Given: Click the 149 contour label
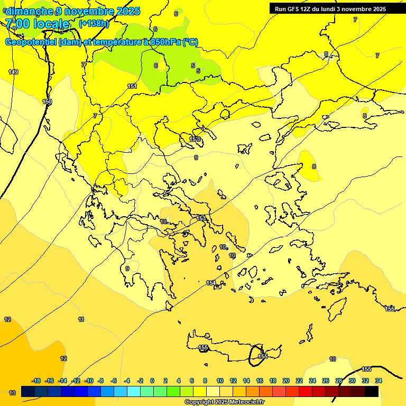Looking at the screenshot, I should pyautogui.click(x=13, y=72).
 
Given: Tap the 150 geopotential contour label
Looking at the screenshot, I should pyautogui.click(x=47, y=101).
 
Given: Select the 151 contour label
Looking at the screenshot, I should pyautogui.click(x=132, y=86).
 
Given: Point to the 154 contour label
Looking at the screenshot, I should pyautogui.click(x=211, y=283).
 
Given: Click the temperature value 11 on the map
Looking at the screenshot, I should pyautogui.click(x=81, y=319).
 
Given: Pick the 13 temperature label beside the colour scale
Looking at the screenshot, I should pyautogui.click(x=12, y=393).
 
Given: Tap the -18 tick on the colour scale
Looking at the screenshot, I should pyautogui.click(x=36, y=381).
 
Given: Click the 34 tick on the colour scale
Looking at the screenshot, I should pyautogui.click(x=379, y=381).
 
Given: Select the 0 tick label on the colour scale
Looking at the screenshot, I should pyautogui.click(x=152, y=381).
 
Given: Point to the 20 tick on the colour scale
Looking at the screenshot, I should pyautogui.click(x=286, y=381).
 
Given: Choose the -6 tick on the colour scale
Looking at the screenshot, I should pyautogui.click(x=114, y=381).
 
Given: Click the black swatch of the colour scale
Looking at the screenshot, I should pyautogui.click(x=372, y=391).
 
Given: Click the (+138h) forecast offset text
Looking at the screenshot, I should pyautogui.click(x=94, y=23).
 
